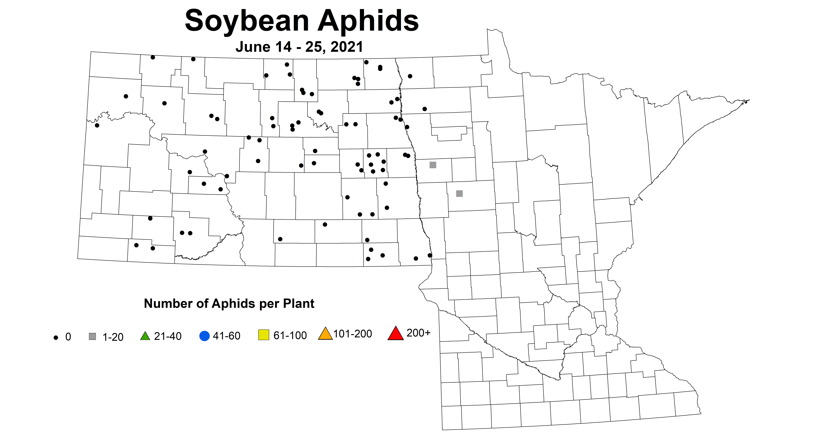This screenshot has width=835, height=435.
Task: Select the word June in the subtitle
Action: tap(252, 47)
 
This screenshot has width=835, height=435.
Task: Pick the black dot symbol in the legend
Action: tap(56, 338)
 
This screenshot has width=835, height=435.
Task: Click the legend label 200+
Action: tap(419, 333)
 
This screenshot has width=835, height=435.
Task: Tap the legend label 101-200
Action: tap(353, 334)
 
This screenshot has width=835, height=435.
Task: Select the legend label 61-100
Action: tap(290, 335)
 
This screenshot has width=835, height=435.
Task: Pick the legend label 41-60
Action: tap(227, 336)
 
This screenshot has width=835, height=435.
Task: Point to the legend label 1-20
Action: tap(113, 337)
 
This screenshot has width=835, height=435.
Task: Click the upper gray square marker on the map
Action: tap(433, 165)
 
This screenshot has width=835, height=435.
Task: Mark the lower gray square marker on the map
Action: tap(459, 194)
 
